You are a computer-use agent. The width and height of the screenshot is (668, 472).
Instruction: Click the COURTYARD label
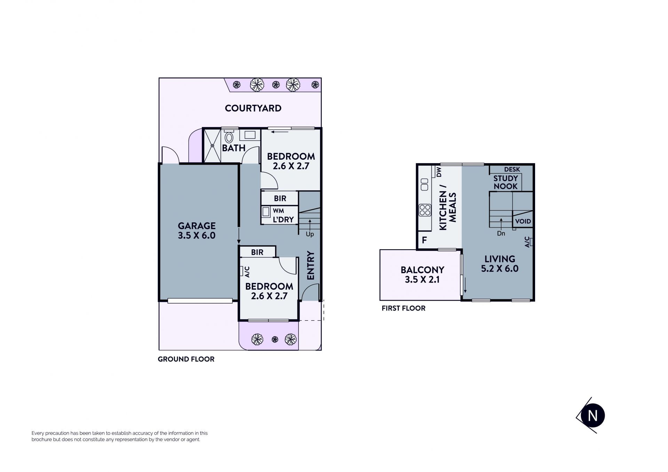pos(253,108)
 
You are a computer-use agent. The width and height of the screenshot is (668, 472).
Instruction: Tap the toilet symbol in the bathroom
pos(229,137)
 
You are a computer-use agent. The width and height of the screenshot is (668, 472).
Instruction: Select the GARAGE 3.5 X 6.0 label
pos(197,230)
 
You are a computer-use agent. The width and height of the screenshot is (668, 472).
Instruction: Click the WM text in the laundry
pos(278,211)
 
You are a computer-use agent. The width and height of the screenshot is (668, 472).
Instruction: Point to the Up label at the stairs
pos(310,234)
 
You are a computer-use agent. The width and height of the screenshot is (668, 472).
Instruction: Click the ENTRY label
pos(311,265)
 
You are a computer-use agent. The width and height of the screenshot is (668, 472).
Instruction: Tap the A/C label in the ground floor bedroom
pos(247,272)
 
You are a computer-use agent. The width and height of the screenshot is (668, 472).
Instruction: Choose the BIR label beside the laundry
pos(280,198)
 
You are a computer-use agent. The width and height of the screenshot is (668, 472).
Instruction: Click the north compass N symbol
pos(592,416)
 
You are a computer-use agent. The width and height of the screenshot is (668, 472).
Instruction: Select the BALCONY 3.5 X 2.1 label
pos(422,275)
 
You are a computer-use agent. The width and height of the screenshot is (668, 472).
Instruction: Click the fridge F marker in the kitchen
pos(424,240)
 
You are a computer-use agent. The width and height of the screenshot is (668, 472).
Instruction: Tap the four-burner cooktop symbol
pos(425,210)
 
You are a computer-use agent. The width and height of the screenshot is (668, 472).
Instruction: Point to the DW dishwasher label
pos(438,172)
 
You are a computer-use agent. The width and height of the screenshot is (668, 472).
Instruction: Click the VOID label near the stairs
pos(523,221)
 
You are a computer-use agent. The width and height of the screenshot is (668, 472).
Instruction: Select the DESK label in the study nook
pos(512,170)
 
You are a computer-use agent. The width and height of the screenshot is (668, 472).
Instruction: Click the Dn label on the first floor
pos(501,234)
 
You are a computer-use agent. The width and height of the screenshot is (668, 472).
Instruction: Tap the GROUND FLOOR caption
pos(186,359)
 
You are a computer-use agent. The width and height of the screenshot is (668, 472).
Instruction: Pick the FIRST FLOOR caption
pos(404,308)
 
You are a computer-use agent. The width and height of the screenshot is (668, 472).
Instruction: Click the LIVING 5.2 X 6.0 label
pos(500,264)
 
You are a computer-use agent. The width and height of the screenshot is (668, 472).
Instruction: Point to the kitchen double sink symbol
pos(424,184)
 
